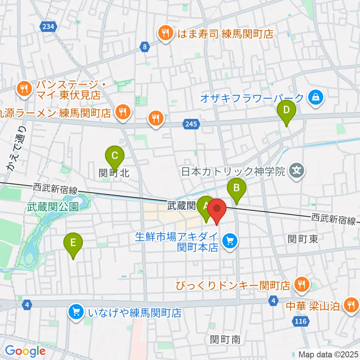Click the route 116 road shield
(x=300, y=321)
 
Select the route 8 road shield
(x=145, y=46)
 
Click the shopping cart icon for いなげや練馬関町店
(x=76, y=312)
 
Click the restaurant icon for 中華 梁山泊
(x=351, y=305)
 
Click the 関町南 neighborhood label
(x=225, y=340)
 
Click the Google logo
(x=25, y=351)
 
